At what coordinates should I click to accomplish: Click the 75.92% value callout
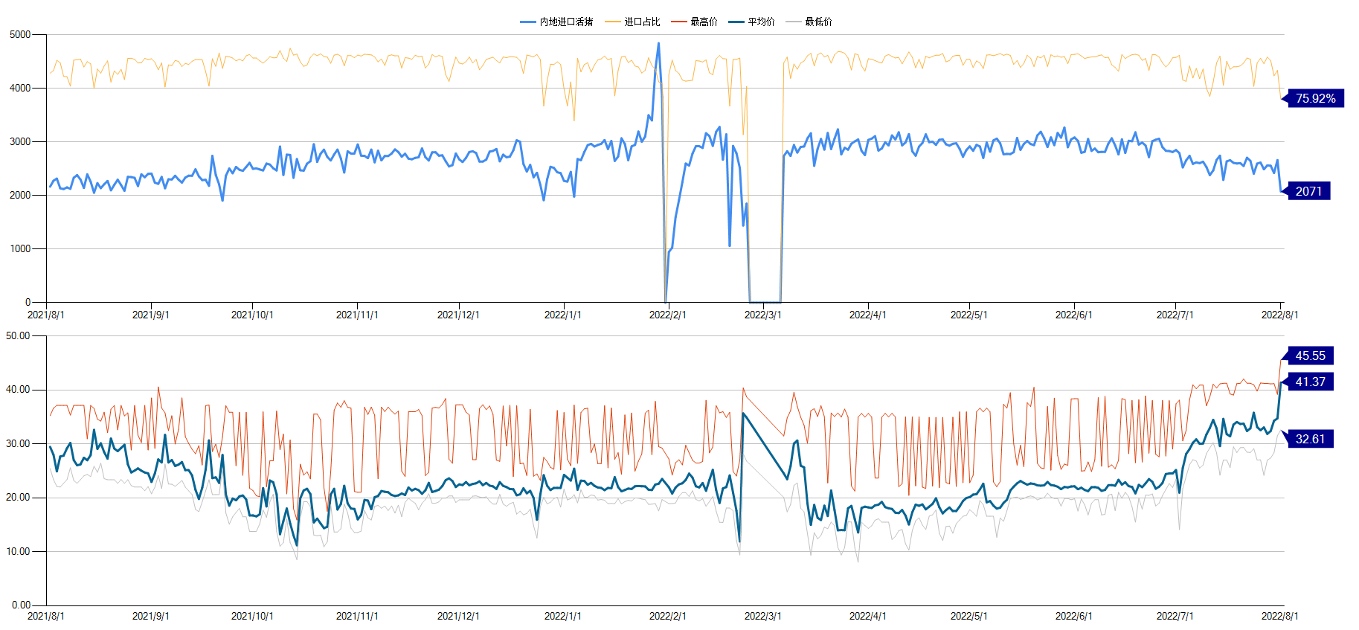pos(1315,98)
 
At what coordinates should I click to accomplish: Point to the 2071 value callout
pos(1308,191)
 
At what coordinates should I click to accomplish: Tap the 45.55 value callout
pos(1310,356)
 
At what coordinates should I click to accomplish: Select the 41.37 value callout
pos(1310,382)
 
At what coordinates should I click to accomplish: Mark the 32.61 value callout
pos(1310,439)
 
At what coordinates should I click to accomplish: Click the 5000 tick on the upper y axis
pos(20,34)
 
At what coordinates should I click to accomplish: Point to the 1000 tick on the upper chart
pos(20,248)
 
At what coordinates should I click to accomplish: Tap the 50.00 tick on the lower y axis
pos(18,335)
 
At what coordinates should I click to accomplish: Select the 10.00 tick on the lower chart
pos(18,551)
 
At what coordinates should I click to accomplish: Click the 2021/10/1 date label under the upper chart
pos(252,315)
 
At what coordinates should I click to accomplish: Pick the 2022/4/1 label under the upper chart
pos(867,315)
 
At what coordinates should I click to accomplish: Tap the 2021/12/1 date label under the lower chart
pos(458,616)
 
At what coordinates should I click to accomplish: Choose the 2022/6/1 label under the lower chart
pos(1073,616)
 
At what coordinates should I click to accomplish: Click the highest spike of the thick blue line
pos(658,43)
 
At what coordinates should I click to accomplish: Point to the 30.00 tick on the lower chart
pos(18,443)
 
